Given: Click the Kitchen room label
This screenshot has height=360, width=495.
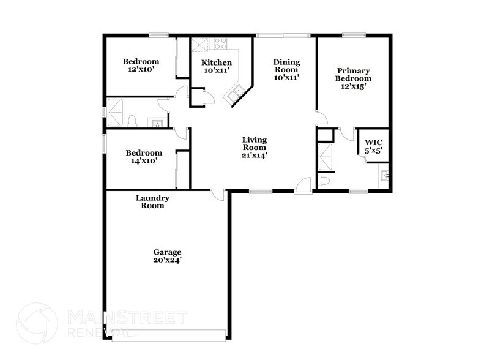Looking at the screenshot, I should (x=217, y=62).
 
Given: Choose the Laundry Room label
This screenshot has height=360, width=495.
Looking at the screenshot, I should (x=152, y=202).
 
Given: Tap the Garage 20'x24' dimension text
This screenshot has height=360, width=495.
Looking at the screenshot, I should (x=166, y=260).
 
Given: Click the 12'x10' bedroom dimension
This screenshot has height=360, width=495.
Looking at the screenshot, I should (x=141, y=70).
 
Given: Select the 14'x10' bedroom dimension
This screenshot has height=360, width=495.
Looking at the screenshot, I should (x=144, y=161).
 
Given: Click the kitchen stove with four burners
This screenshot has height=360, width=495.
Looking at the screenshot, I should (x=220, y=43).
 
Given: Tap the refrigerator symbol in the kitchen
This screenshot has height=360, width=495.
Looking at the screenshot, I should (x=199, y=45).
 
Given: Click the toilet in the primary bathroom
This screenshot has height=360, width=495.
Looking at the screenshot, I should (x=325, y=181).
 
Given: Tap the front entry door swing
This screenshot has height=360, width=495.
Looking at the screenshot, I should (x=303, y=184).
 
